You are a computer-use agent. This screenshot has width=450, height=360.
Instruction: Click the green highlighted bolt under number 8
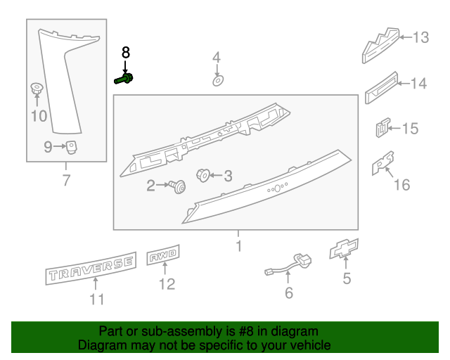[x=124, y=79]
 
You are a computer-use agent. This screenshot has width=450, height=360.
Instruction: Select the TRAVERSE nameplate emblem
[x=90, y=267]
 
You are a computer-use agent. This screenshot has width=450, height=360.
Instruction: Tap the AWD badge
[x=164, y=257]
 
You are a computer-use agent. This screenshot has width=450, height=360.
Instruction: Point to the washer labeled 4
[x=217, y=82]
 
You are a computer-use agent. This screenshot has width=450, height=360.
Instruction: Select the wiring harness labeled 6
[x=289, y=265]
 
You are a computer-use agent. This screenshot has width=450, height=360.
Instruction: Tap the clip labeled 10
[x=35, y=89]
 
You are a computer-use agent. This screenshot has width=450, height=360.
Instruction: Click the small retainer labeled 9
[x=70, y=146]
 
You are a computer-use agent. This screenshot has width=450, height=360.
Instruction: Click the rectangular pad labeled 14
[x=381, y=86]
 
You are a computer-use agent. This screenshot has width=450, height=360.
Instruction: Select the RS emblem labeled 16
[x=382, y=164]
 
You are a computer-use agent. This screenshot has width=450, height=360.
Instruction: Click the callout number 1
[x=238, y=247]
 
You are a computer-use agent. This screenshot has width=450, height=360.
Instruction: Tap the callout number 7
[x=67, y=181]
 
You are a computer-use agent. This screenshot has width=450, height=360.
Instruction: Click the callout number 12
[x=167, y=284]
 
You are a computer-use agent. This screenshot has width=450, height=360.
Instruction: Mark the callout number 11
[x=96, y=300]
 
